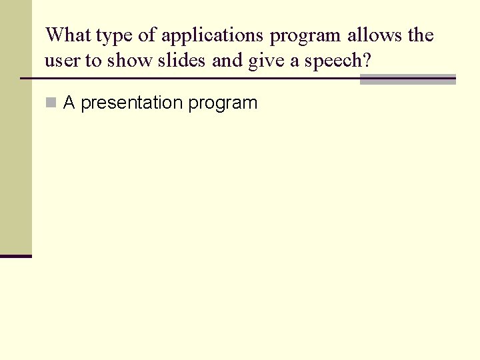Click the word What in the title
(68, 35)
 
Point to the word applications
(213, 36)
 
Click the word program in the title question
(305, 36)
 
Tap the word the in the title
(420, 35)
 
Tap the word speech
(338, 61)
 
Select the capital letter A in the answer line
(69, 103)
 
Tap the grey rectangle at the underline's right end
(407, 79)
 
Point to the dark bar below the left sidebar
(15, 255)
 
